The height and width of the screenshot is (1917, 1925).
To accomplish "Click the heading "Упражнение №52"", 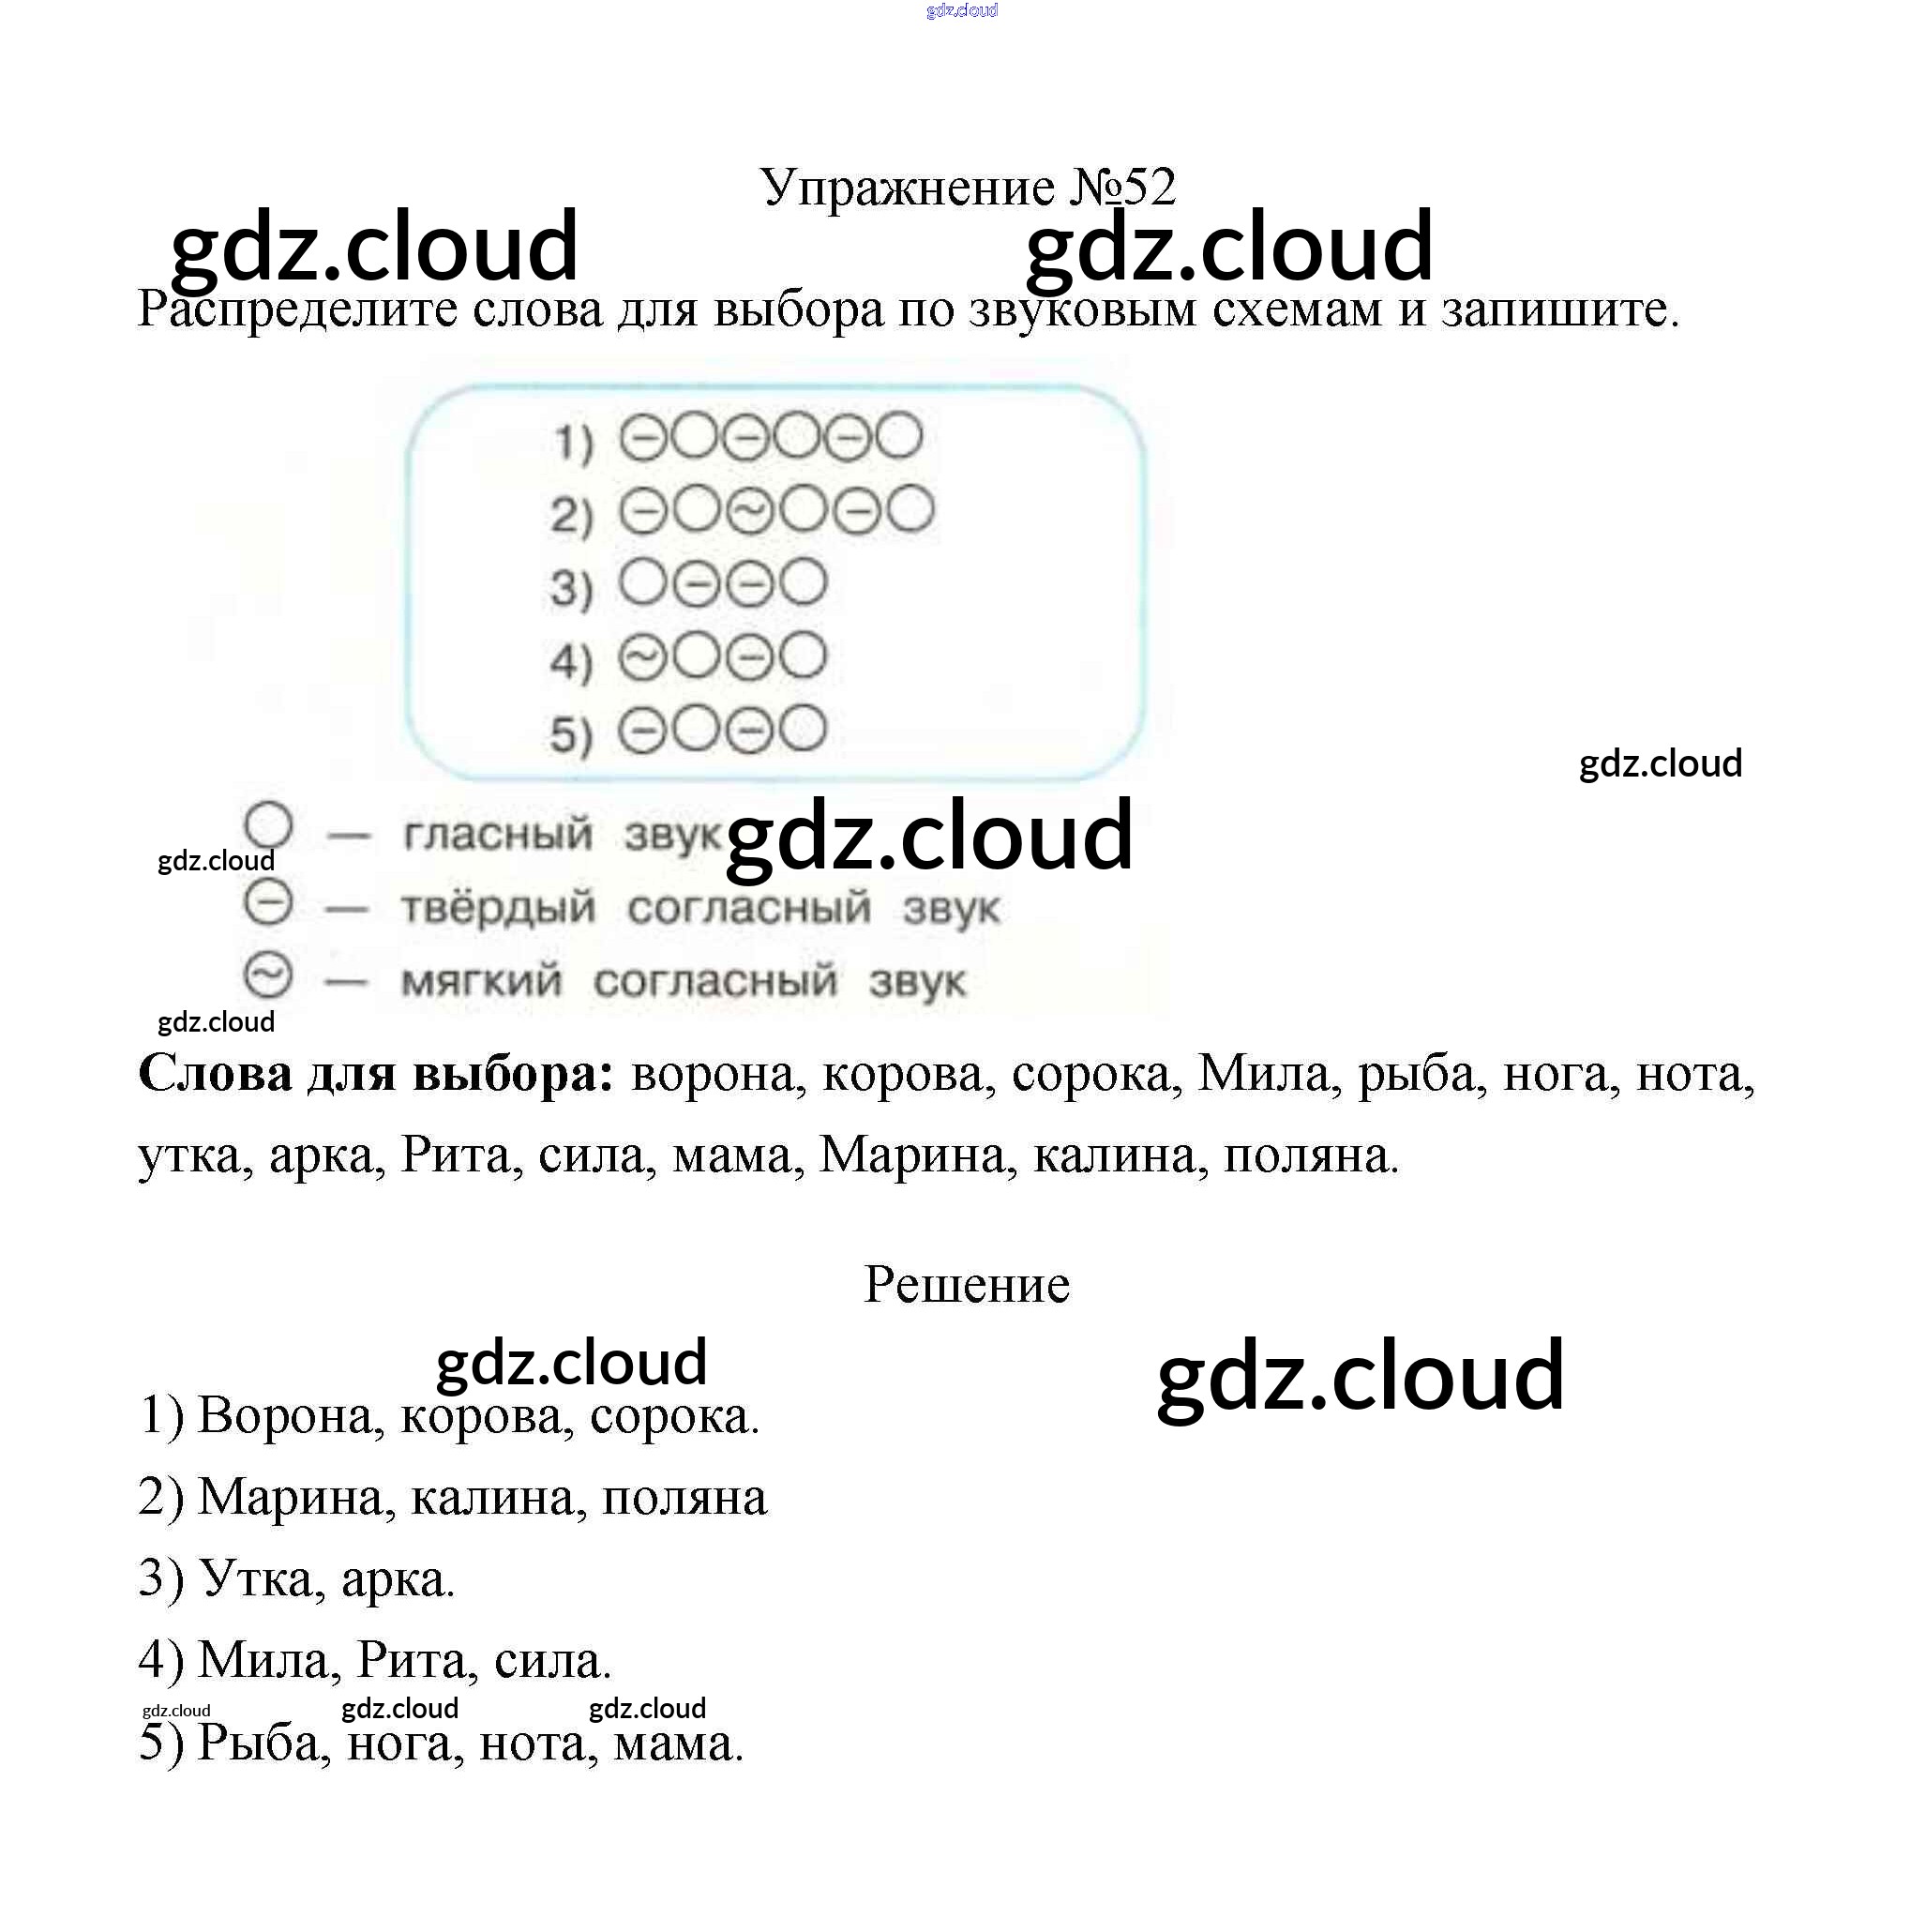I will pos(967,187).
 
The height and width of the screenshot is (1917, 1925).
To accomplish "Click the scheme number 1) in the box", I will pos(572,443).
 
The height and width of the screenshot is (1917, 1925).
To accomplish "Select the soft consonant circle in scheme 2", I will pos(750,512).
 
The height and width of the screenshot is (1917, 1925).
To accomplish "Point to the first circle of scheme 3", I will pos(642,582).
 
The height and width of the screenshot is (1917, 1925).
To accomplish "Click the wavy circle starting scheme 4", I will pos(642,657).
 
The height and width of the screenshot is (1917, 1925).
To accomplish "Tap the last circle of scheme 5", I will pos(802,730).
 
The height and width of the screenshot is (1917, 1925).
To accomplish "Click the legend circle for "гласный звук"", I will pos(268,826).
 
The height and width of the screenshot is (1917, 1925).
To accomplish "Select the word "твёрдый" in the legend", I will pos(498,908).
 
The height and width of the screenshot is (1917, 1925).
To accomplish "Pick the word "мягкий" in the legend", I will pos(481,981).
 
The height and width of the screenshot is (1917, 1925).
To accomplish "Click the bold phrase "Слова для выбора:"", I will pos(376,1074).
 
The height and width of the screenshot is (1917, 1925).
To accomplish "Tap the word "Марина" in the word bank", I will pos(911,1155).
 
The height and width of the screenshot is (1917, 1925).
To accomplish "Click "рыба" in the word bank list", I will pos(1415,1074).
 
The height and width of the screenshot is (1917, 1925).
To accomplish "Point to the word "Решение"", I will pos(967,1284).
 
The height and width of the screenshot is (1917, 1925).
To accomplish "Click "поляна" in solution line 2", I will pos(684,1498).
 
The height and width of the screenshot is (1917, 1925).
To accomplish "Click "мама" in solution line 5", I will pos(677,1743).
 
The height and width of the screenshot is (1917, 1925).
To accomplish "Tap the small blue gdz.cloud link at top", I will pos(961,11).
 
